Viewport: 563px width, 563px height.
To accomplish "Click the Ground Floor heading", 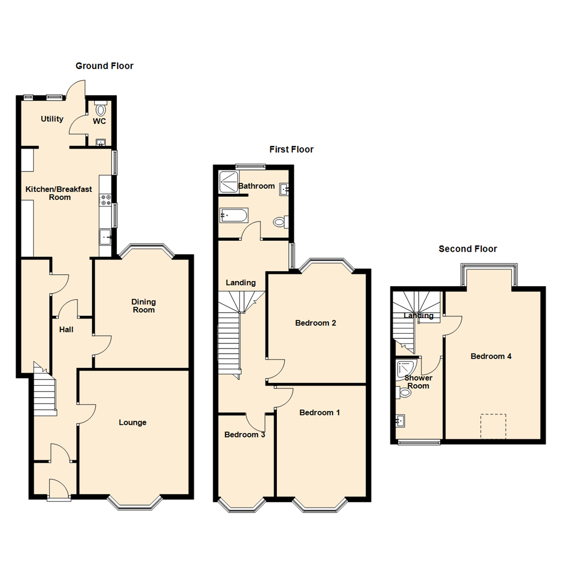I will click(104, 66).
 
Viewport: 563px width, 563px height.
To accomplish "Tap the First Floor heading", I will click(291, 150).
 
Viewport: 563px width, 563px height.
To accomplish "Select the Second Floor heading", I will click(468, 249).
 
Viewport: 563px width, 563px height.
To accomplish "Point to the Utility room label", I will click(52, 119).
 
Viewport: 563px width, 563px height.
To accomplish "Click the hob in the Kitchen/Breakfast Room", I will click(105, 200).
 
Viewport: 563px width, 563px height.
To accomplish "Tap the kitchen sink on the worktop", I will click(105, 238).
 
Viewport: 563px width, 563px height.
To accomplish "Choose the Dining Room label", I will click(143, 306).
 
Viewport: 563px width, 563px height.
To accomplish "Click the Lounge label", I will click(132, 422).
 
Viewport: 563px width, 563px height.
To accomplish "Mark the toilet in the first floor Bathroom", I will click(280, 223).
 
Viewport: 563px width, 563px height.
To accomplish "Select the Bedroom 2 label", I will click(315, 323).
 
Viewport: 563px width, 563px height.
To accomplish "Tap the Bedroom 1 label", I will click(320, 412).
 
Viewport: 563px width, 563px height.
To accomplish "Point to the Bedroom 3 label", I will click(244, 434).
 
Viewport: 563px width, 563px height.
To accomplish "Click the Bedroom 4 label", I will click(491, 357).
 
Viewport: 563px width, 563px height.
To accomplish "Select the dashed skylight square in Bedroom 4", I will click(493, 426).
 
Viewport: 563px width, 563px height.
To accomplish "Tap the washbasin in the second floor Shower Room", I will click(401, 420).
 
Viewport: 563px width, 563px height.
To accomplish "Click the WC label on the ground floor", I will click(100, 121).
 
